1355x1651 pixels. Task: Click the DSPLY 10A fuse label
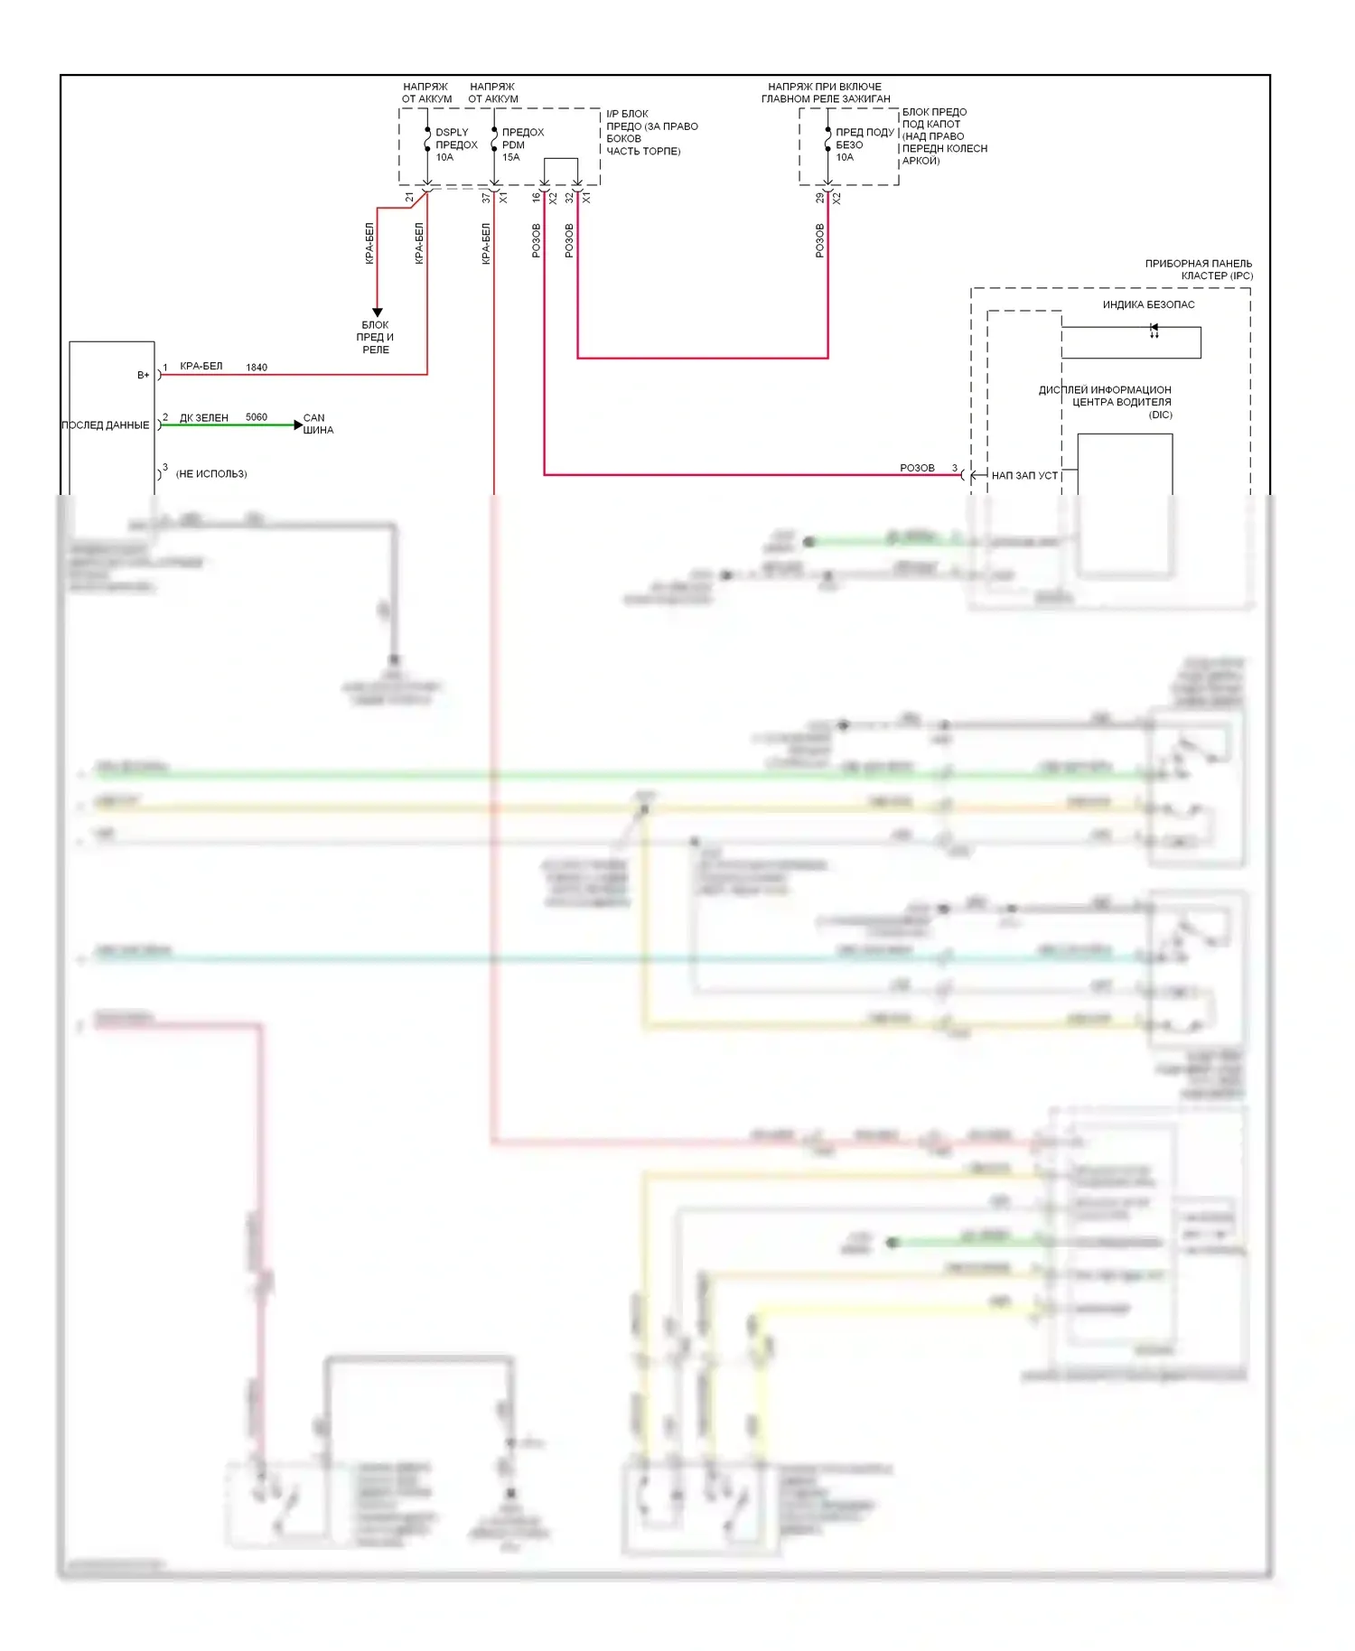pyautogui.click(x=455, y=145)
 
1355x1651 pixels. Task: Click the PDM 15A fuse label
pyautogui.click(x=522, y=145)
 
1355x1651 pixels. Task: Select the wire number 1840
pyautogui.click(x=257, y=368)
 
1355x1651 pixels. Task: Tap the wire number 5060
pyautogui.click(x=257, y=417)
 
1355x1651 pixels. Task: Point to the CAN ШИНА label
pyautogui.click(x=318, y=424)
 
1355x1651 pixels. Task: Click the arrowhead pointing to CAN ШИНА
pyautogui.click(x=298, y=424)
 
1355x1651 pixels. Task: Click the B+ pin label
pyautogui.click(x=143, y=375)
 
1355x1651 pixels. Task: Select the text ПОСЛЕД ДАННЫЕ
pyautogui.click(x=106, y=424)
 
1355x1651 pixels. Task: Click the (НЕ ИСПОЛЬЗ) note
pyautogui.click(x=211, y=473)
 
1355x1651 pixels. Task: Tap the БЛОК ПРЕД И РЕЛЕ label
pyautogui.click(x=376, y=337)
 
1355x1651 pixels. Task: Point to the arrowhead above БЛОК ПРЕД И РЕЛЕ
pyautogui.click(x=378, y=312)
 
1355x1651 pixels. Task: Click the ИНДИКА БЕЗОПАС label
pyautogui.click(x=1148, y=304)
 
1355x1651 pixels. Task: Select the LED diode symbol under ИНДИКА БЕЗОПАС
pyautogui.click(x=1154, y=330)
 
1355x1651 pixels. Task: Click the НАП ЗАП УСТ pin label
pyautogui.click(x=1024, y=475)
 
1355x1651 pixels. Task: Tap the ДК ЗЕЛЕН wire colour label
pyautogui.click(x=204, y=417)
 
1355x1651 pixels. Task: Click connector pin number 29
pyautogui.click(x=820, y=198)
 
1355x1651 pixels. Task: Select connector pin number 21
pyautogui.click(x=410, y=198)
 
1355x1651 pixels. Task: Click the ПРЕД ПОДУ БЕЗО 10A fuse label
pyautogui.click(x=864, y=145)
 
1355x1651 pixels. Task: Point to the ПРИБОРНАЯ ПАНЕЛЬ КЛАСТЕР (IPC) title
pyautogui.click(x=1199, y=269)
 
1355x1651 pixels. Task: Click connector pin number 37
pyautogui.click(x=486, y=198)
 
